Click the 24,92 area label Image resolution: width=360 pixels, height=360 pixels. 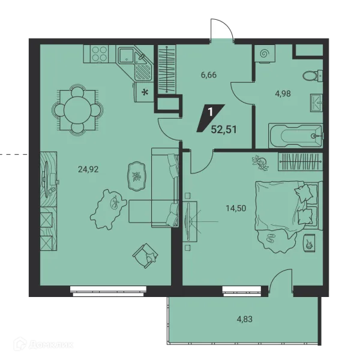click(x=88, y=169)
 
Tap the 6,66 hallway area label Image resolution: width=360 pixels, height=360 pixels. click(x=209, y=75)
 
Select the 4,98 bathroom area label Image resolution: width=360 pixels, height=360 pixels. click(x=283, y=94)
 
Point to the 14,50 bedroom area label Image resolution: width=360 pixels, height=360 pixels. click(x=236, y=208)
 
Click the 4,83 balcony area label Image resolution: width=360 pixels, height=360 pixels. click(x=245, y=319)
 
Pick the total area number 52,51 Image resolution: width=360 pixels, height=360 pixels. click(x=224, y=130)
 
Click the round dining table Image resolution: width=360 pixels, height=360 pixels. click(x=77, y=110)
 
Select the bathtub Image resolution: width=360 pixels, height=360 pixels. click(x=295, y=136)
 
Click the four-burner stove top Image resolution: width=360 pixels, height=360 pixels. click(x=99, y=54)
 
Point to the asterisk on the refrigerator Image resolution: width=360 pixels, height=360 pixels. click(x=145, y=92)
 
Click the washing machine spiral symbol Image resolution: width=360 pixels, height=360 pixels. click(x=264, y=54)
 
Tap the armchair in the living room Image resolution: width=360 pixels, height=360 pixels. click(x=145, y=256)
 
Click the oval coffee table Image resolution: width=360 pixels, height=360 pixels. click(x=137, y=176)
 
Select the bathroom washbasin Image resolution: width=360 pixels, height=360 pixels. click(x=316, y=103)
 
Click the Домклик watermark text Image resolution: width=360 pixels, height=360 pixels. click(x=51, y=344)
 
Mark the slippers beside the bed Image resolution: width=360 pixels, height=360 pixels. click(x=270, y=238)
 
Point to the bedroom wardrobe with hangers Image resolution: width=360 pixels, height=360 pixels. click(x=301, y=161)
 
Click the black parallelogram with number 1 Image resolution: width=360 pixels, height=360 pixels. click(x=211, y=118)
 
